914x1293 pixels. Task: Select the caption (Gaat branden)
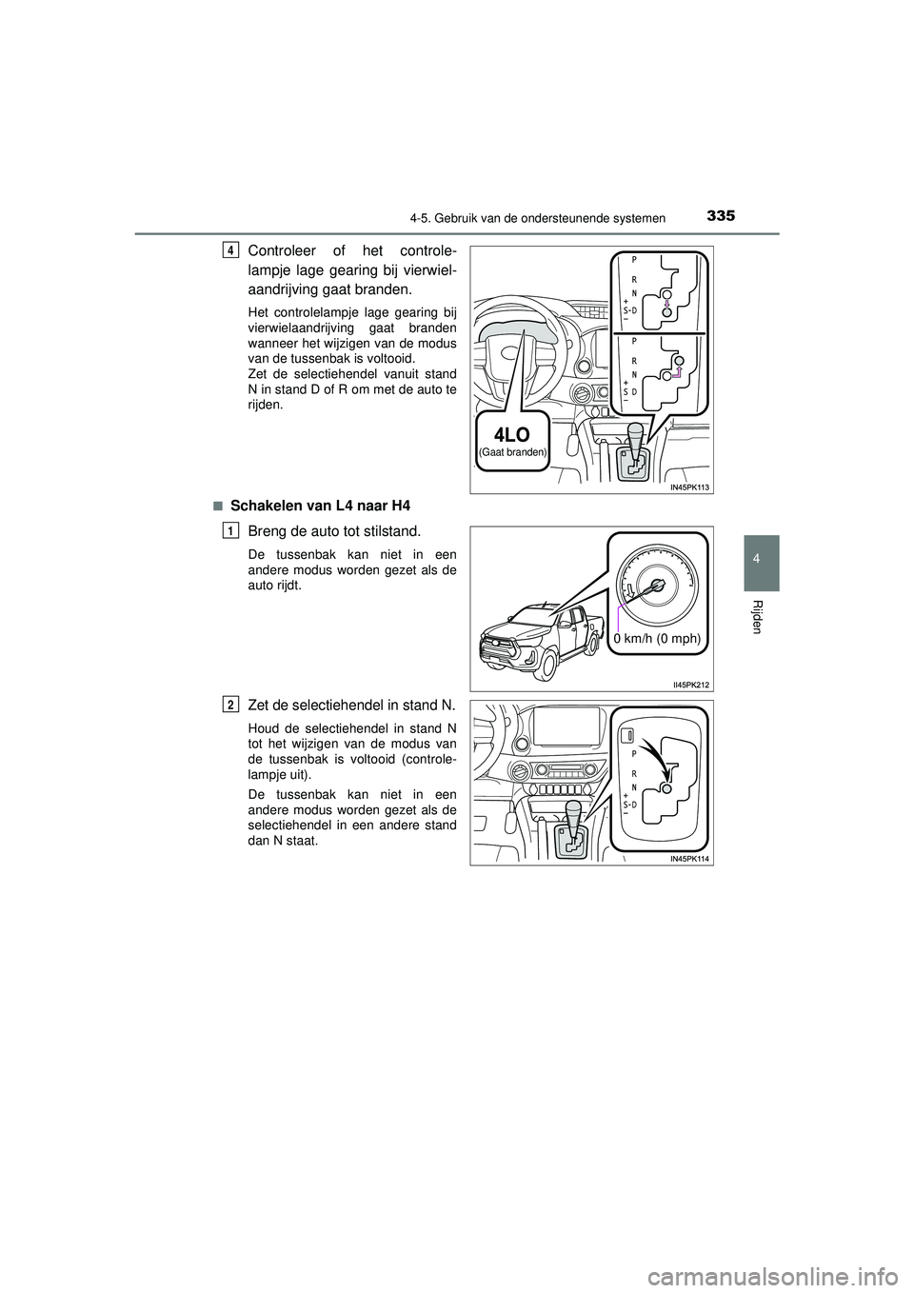click(512, 453)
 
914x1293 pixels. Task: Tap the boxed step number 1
click(232, 530)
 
